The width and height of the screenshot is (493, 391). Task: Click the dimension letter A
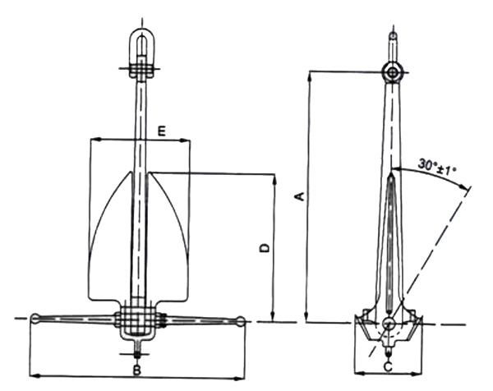[x=300, y=196]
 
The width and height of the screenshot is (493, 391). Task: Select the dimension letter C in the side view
[x=387, y=366]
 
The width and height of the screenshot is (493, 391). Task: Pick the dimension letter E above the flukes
[x=162, y=130]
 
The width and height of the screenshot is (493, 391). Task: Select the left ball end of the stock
[x=36, y=319]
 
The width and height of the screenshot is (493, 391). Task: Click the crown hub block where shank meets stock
[x=137, y=319]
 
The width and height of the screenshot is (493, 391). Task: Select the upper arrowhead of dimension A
[x=307, y=75]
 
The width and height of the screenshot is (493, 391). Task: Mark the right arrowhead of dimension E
[x=187, y=139]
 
